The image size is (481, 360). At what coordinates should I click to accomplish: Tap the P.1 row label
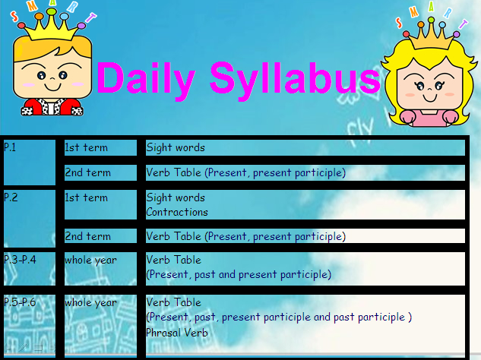point(10,147)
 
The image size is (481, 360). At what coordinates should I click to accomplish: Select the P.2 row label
point(11,197)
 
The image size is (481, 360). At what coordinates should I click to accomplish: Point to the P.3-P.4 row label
point(20,260)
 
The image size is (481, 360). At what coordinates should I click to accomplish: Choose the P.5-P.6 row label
point(20,302)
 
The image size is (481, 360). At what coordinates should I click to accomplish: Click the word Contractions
point(177,212)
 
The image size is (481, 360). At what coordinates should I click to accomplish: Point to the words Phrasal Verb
point(177,333)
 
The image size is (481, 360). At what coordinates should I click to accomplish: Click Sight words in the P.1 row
point(176,148)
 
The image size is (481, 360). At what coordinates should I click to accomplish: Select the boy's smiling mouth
point(52,87)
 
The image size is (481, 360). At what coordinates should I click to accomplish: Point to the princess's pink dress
point(429,118)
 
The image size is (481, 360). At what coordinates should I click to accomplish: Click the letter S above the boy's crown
point(14,16)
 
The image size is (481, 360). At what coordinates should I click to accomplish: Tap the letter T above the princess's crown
point(463,24)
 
